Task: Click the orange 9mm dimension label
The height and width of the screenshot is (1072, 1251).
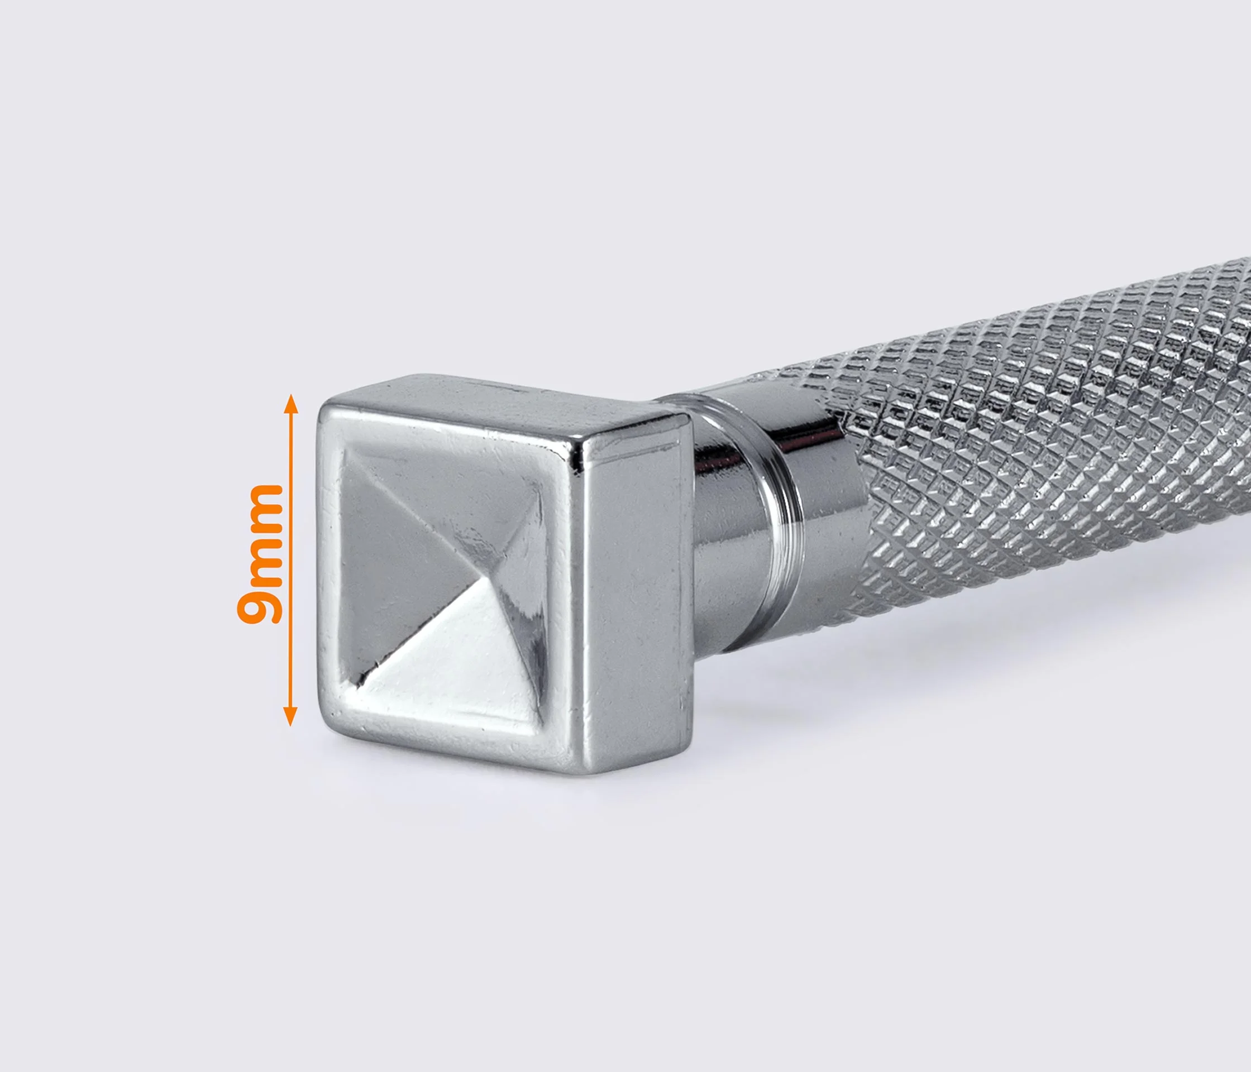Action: click(260, 553)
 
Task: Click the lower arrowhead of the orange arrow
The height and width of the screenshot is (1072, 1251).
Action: click(290, 716)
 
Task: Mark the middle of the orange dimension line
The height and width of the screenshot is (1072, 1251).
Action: click(290, 560)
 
